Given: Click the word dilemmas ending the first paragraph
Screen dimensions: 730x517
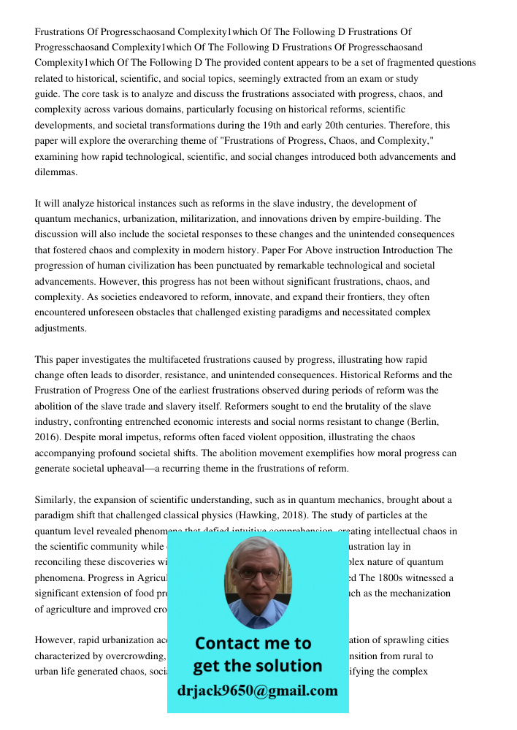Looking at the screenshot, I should point(55,172).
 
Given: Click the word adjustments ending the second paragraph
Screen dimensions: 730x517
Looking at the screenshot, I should point(60,328).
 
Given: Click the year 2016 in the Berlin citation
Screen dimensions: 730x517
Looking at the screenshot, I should point(47,437).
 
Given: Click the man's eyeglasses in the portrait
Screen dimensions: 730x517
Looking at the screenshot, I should point(256,575).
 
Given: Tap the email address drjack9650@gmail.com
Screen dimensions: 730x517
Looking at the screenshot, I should point(257,691).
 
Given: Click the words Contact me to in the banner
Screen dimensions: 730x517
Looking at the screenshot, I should point(253,643).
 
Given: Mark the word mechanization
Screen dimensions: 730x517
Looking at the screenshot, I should point(418,593).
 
